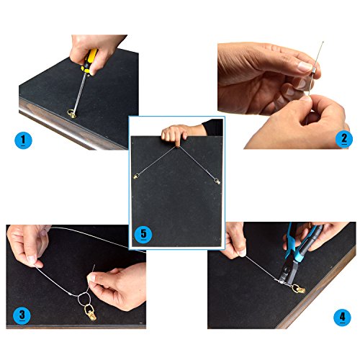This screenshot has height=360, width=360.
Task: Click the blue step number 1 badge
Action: (x=23, y=140)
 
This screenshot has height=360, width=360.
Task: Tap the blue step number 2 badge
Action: (x=344, y=139)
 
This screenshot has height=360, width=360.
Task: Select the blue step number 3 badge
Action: (x=22, y=315)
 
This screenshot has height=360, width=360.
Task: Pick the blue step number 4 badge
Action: (x=342, y=318)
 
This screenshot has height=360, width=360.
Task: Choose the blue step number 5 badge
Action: (x=143, y=234)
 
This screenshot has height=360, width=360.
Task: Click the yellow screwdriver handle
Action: (x=89, y=60)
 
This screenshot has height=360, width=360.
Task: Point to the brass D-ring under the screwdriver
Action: (x=72, y=114)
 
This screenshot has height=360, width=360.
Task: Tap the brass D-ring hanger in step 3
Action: (x=90, y=312)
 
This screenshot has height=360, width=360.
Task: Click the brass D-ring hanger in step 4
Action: (x=299, y=289)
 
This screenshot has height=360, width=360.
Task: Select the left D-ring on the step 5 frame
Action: (x=137, y=176)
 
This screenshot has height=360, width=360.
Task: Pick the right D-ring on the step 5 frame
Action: (x=217, y=181)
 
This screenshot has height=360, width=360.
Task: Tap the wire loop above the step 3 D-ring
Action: (x=84, y=298)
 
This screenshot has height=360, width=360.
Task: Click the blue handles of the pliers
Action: (x=297, y=243)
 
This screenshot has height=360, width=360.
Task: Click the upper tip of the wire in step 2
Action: (x=323, y=42)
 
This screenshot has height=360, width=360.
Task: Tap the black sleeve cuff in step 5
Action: (x=212, y=127)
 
